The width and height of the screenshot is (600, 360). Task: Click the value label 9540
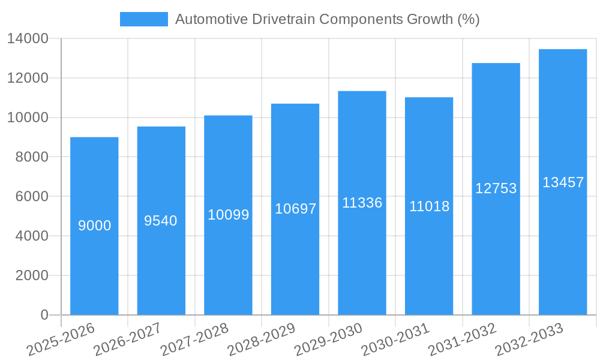click(x=161, y=221)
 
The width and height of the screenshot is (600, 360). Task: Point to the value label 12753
click(x=496, y=188)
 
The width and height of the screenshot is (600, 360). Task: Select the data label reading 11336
click(x=362, y=203)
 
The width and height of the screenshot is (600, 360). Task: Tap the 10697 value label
click(x=295, y=209)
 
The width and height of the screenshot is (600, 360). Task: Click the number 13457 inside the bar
click(x=563, y=182)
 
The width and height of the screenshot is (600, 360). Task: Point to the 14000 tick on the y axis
click(x=28, y=39)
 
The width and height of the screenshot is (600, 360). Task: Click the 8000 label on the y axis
click(x=31, y=157)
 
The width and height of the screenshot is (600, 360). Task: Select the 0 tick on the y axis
click(x=44, y=315)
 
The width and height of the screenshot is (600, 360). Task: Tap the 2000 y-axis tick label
click(x=31, y=275)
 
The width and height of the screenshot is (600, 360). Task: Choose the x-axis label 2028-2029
click(x=262, y=340)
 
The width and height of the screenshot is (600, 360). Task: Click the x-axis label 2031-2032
click(x=463, y=340)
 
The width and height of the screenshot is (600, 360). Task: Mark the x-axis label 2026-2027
click(x=128, y=340)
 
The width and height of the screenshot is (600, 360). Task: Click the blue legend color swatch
click(x=144, y=19)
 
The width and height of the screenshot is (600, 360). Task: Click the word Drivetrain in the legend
click(x=282, y=19)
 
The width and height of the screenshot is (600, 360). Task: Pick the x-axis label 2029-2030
click(x=329, y=340)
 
